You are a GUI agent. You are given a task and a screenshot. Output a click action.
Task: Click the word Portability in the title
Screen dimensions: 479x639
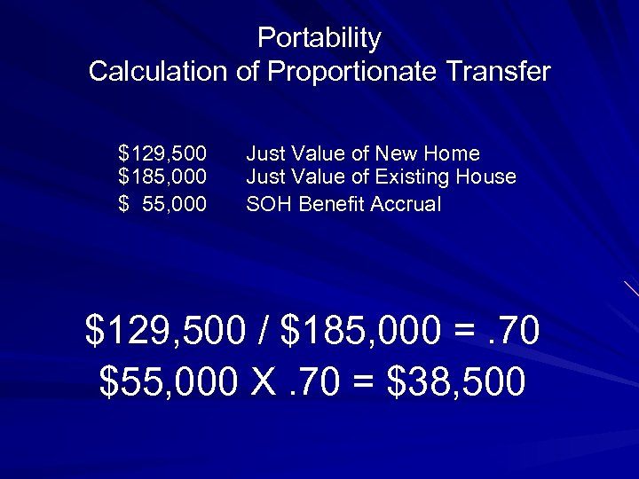(x=319, y=38)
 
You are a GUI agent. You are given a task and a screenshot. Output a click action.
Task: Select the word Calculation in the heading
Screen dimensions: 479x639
(x=159, y=71)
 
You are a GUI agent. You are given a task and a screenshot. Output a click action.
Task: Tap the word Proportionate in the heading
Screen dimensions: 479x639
(x=350, y=71)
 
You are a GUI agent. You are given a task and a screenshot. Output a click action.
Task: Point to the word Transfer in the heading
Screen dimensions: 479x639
(x=495, y=71)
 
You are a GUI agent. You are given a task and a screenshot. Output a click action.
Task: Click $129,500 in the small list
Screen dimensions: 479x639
(x=163, y=153)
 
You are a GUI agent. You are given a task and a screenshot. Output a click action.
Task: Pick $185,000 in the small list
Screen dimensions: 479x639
(x=163, y=177)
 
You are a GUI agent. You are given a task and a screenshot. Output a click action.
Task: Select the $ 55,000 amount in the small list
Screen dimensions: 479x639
(x=163, y=204)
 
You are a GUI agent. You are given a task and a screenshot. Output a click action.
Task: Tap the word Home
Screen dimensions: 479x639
(x=454, y=153)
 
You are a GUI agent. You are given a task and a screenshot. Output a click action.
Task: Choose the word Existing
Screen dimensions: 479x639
(x=414, y=177)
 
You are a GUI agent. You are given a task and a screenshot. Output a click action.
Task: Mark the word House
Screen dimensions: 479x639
(x=485, y=177)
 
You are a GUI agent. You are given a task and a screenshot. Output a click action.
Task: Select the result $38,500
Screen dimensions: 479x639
(x=457, y=381)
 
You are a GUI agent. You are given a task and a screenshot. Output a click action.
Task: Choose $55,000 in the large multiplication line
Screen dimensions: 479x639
(x=169, y=381)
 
